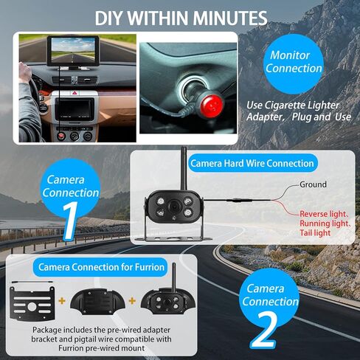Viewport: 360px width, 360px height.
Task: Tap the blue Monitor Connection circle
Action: [294, 62]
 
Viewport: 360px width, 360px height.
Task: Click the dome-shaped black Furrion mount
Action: [95, 301]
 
